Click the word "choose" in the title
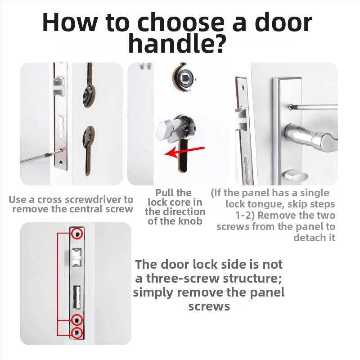point(180,23)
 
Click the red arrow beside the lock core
point(184,152)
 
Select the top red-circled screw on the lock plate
point(77,234)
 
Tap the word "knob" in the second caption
point(190,221)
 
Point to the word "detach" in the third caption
point(314,238)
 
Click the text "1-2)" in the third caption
point(245,216)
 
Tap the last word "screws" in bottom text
point(209,306)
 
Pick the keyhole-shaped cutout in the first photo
point(88,151)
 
